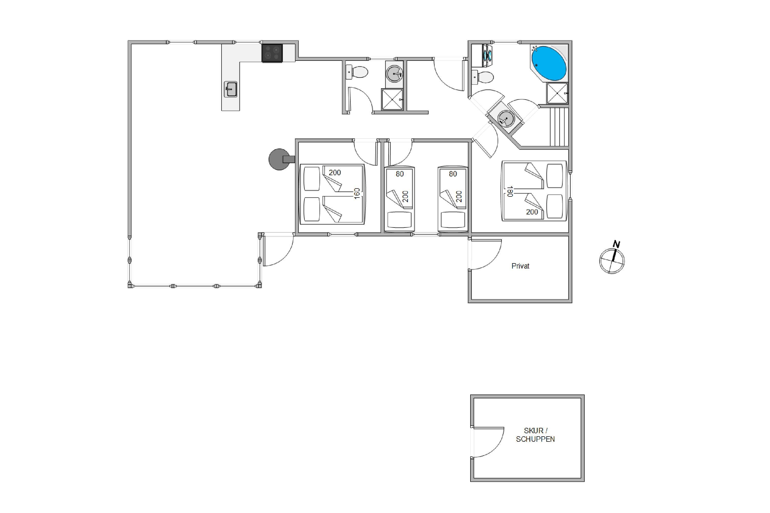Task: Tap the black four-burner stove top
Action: tap(272, 53)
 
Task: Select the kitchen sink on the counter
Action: tap(230, 89)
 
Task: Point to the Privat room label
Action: tap(520, 266)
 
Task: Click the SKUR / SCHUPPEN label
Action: tap(535, 435)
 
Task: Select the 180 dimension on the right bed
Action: tap(509, 191)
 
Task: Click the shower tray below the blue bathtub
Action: tap(557, 93)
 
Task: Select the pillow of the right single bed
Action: tap(453, 220)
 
